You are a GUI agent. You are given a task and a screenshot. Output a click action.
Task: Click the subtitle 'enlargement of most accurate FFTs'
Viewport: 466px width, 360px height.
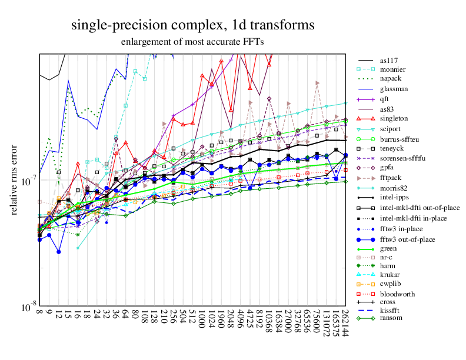tap(192, 42)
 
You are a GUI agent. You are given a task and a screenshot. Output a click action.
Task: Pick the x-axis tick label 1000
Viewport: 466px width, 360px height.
tap(202, 319)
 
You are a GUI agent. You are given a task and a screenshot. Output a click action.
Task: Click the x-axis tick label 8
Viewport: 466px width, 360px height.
tap(39, 312)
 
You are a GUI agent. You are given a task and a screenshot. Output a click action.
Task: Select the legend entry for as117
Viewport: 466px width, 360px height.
tap(390, 60)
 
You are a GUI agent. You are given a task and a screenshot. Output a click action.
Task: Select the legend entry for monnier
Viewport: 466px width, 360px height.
tap(392, 69)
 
